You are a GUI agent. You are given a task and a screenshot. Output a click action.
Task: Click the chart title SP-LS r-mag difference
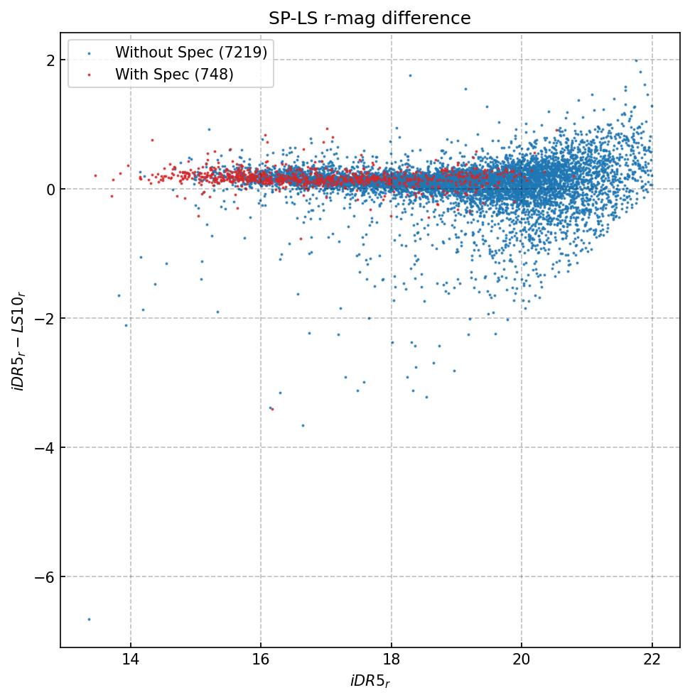pos(370,18)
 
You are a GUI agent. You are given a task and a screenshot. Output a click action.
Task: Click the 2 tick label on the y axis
pos(50,60)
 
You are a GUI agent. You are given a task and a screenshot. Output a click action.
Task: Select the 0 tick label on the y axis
pos(50,190)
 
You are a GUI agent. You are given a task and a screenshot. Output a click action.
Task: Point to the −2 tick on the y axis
pos(45,319)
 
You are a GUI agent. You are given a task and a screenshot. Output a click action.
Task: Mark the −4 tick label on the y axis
pos(45,448)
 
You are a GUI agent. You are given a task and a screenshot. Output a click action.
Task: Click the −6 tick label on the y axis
pos(45,577)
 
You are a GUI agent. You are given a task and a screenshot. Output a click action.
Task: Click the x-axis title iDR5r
pos(370,682)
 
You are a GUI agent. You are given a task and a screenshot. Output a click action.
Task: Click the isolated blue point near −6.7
pos(89,619)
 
